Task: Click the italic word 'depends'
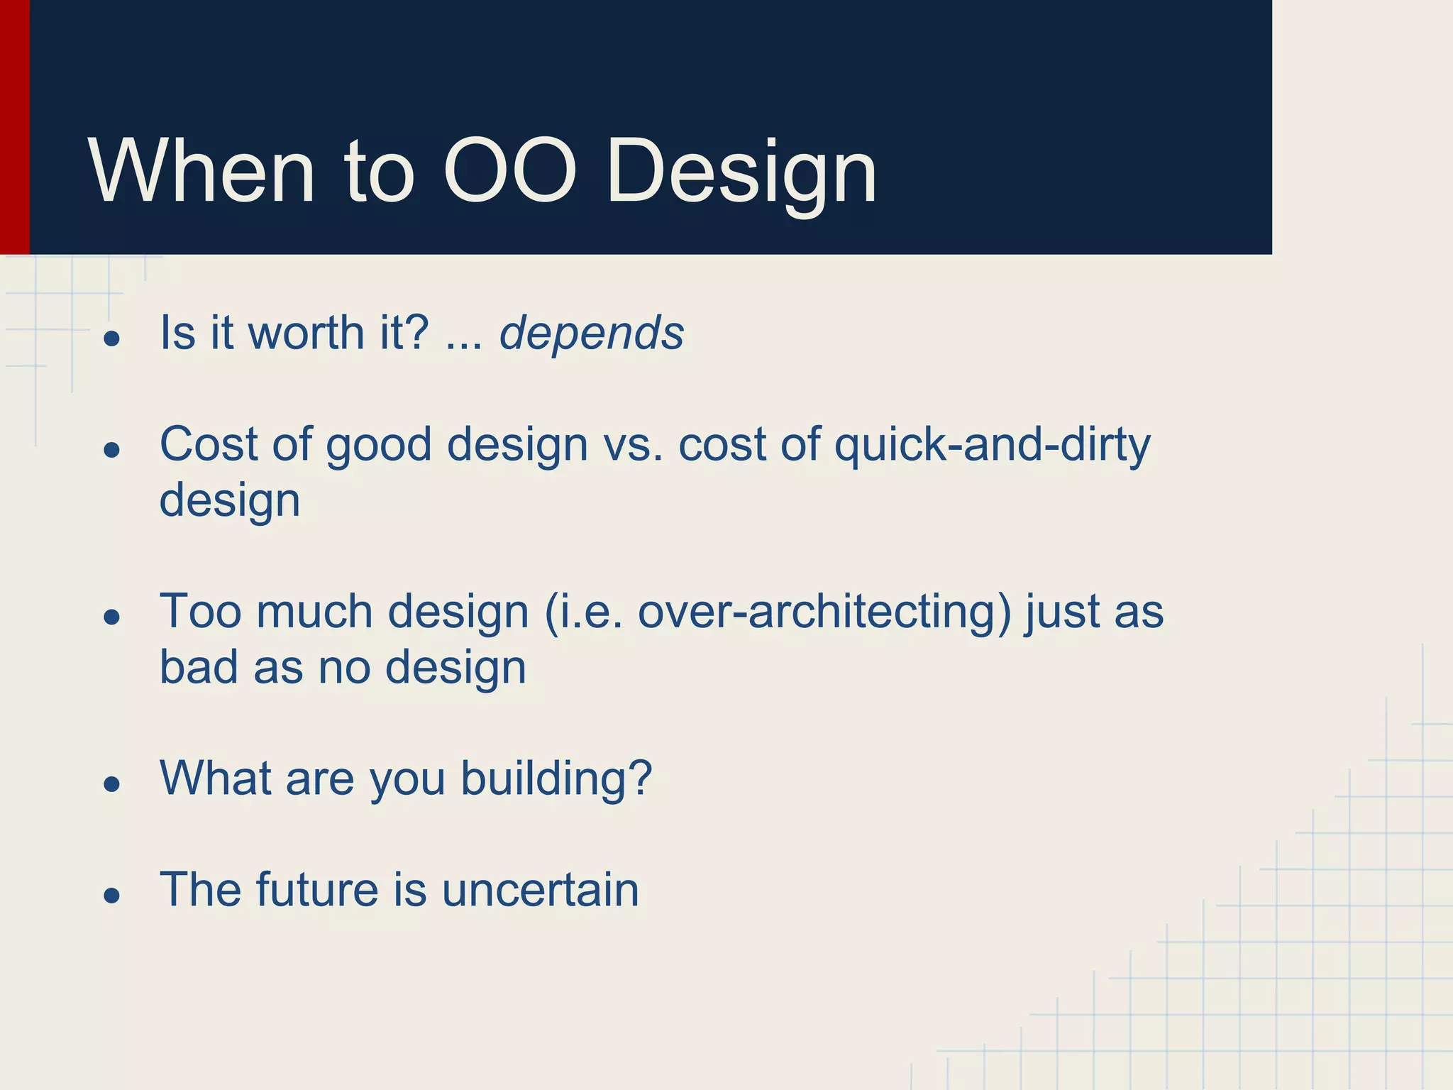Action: coord(591,334)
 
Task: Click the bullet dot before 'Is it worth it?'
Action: coord(111,338)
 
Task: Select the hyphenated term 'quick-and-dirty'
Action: coord(992,446)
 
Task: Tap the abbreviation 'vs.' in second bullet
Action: coord(633,446)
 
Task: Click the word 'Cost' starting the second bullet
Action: coord(208,445)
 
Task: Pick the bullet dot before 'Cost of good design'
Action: coord(111,450)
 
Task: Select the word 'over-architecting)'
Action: coord(824,612)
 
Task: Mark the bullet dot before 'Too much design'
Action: coord(111,617)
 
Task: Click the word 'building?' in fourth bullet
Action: coord(556,779)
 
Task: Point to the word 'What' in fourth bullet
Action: coord(215,778)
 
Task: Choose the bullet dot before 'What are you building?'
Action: coord(111,784)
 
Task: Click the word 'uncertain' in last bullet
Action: coord(540,890)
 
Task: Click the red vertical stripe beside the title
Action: coord(14,128)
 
